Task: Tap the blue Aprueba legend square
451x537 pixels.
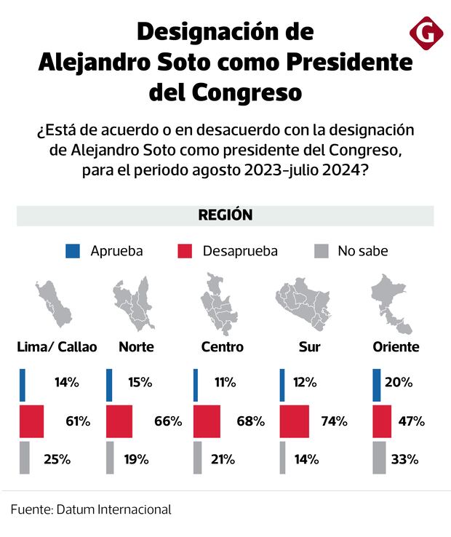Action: [x=73, y=252]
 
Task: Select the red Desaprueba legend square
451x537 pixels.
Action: [x=185, y=252]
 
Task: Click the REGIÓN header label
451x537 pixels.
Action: [x=225, y=215]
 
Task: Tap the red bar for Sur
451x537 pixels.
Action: [x=298, y=421]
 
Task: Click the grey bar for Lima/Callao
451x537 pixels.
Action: [x=24, y=458]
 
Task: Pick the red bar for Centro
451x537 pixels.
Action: [x=207, y=421]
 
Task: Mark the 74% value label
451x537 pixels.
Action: [x=334, y=421]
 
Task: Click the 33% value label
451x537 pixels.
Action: [x=404, y=459]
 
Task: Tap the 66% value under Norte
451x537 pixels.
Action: [x=167, y=421]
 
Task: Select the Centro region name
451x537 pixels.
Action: [x=222, y=347]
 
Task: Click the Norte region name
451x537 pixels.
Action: [x=135, y=347]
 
